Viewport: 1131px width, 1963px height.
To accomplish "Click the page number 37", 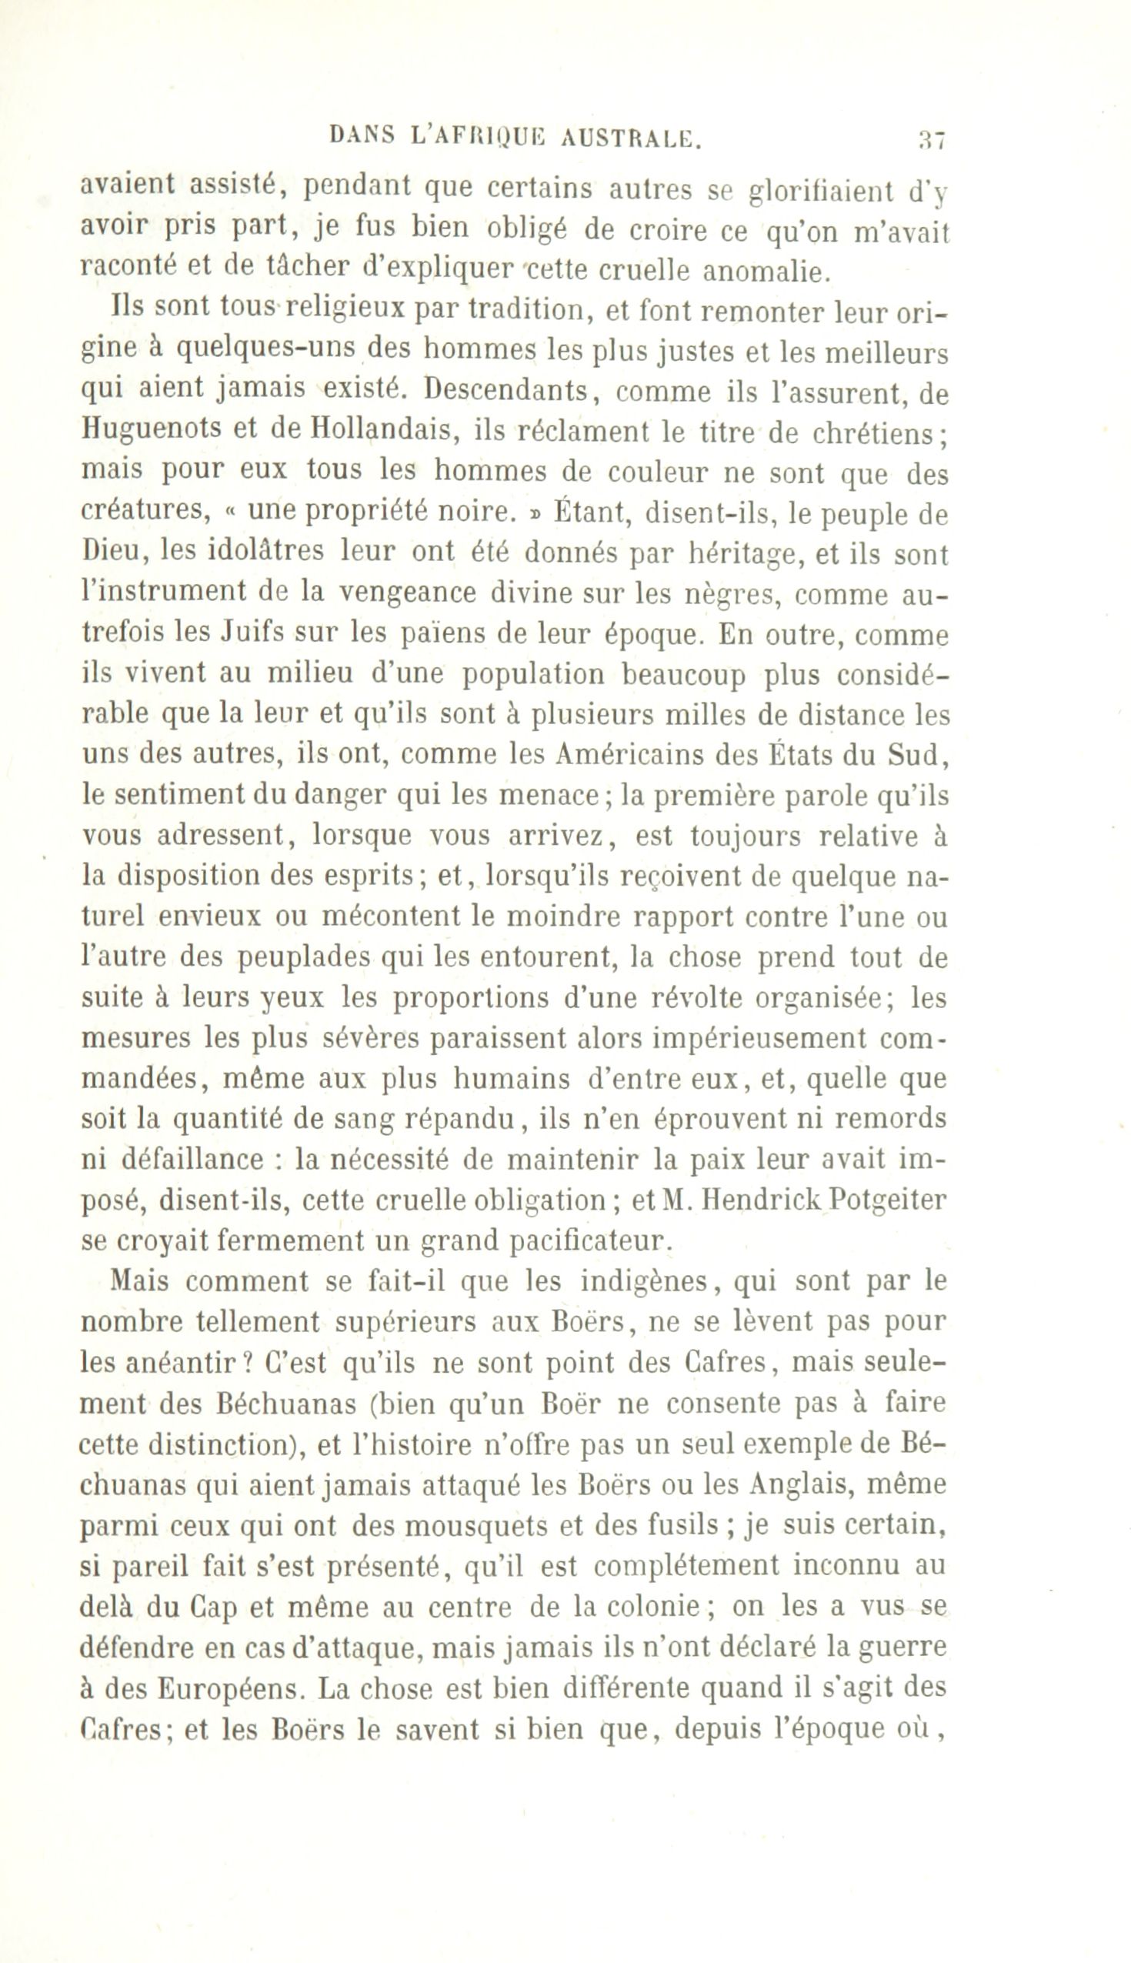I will coord(931,139).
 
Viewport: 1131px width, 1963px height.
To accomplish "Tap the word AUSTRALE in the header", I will coord(629,138).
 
